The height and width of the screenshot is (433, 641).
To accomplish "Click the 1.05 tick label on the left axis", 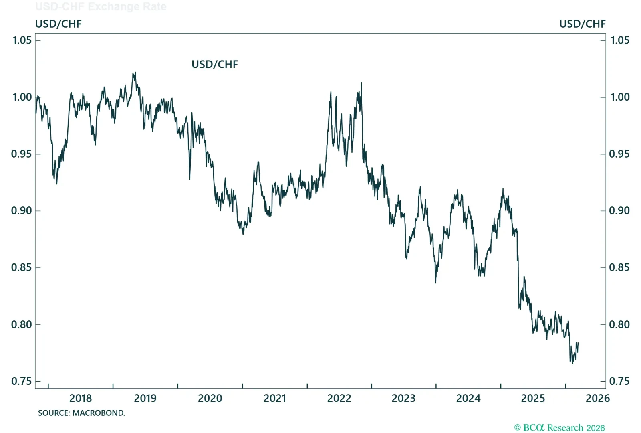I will [22, 40].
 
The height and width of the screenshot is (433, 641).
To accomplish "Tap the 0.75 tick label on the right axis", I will [619, 381].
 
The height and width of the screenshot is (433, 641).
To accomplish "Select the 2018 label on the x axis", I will [81, 398].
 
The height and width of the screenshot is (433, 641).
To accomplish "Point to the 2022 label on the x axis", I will [339, 398].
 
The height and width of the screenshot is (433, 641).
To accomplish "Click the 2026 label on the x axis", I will [597, 398].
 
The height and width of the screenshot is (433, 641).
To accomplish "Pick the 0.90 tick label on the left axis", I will [22, 211].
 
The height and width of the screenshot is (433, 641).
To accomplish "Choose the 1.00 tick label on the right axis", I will [619, 97].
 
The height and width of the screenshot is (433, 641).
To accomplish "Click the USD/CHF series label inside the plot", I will [215, 65].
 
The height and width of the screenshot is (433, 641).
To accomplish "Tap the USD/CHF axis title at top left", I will [58, 24].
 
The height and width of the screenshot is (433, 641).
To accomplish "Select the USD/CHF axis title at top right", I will [582, 24].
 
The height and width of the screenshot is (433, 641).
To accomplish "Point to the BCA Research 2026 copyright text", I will [559, 428].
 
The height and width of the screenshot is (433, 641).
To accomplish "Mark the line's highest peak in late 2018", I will [134, 73].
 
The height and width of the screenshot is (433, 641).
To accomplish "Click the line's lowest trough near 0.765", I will [572, 363].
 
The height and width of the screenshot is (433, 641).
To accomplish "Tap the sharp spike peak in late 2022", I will [361, 83].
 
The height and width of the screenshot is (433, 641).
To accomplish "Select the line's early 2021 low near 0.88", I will [243, 234].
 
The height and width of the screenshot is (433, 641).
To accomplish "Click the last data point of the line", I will [578, 343].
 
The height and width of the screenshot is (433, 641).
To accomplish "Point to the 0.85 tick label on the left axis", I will [22, 267].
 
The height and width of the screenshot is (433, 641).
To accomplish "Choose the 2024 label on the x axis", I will [468, 398].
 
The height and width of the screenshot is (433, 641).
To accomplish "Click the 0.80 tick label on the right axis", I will [619, 324].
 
